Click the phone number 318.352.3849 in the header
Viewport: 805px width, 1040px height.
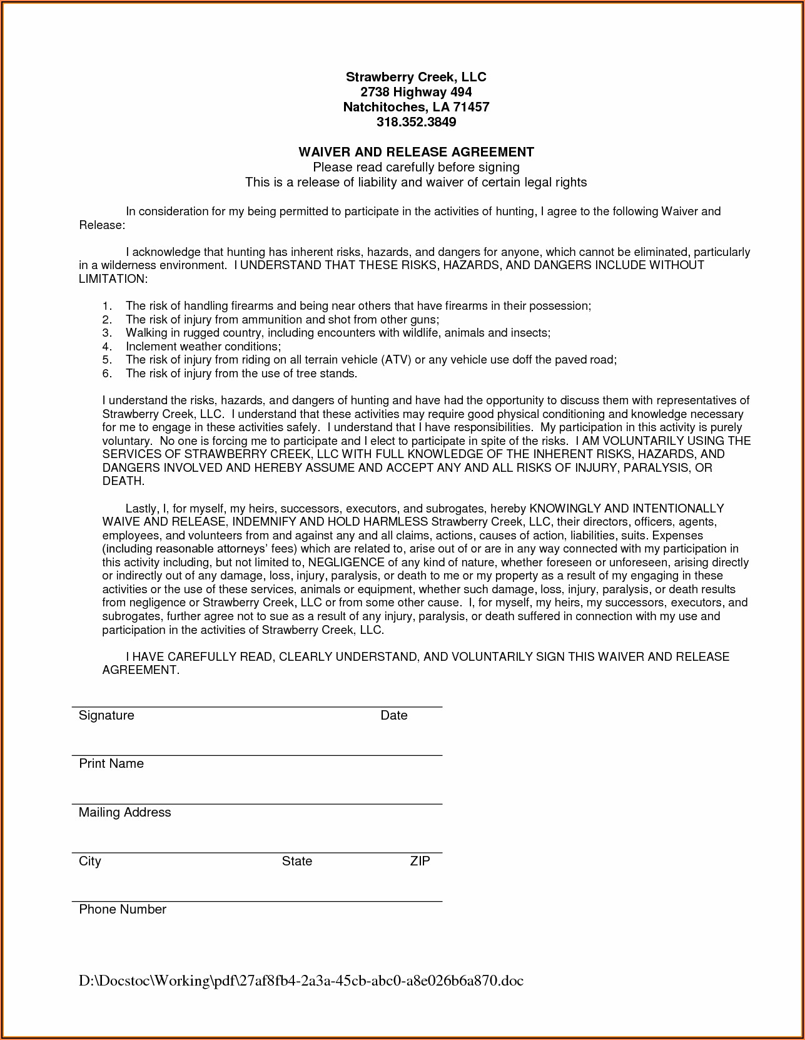point(416,122)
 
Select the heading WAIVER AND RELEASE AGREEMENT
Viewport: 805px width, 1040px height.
point(416,152)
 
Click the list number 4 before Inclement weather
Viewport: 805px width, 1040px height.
point(107,347)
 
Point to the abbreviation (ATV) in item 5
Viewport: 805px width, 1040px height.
point(395,360)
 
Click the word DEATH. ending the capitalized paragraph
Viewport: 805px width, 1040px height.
point(123,481)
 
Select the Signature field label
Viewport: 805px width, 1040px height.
point(106,715)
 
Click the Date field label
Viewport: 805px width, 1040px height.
point(393,715)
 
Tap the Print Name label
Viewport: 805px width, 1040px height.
point(111,763)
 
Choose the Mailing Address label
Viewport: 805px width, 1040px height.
point(124,812)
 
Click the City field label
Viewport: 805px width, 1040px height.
point(89,861)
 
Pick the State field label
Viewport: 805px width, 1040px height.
point(296,861)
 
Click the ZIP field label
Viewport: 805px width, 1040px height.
point(420,861)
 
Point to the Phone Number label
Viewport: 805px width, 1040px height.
point(123,909)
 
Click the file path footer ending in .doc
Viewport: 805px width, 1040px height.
point(301,981)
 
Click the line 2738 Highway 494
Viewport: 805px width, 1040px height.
point(416,92)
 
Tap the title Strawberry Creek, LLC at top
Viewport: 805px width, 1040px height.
point(416,77)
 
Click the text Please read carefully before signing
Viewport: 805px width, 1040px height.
point(416,167)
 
